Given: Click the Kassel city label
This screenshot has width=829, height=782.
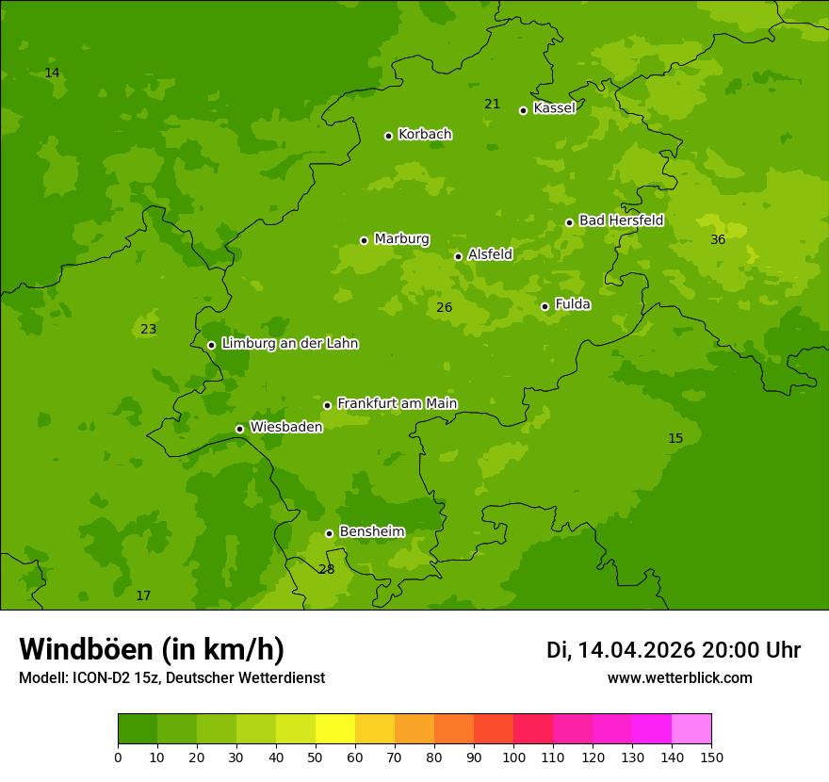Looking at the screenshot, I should (554, 108).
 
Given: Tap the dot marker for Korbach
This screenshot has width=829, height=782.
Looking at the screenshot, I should (388, 136).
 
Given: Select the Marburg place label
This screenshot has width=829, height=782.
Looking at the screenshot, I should (401, 239).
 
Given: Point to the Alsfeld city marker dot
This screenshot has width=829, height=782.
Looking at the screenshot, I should (458, 256).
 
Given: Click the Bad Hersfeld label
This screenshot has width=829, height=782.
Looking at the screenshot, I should (621, 220).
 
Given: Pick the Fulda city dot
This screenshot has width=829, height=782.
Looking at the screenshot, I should (545, 306).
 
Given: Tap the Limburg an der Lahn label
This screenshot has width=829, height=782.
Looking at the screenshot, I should (289, 344).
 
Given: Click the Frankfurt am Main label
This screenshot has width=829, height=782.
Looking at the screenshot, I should (397, 403).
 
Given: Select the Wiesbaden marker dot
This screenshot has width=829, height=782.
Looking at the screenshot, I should (239, 429).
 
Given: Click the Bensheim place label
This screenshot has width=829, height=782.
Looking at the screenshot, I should (371, 531).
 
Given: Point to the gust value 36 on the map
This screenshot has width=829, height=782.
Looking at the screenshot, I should (718, 239).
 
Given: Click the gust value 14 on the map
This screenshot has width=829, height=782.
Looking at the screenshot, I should (52, 73).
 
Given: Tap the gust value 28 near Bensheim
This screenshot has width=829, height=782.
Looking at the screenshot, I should (326, 569).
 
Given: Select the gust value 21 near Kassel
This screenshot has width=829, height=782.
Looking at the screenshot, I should (492, 104).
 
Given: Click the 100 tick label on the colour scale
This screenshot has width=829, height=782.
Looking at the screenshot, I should (513, 757).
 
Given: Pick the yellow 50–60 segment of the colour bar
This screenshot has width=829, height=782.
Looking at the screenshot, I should (335, 729).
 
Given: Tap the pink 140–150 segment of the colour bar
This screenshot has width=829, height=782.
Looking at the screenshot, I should (691, 729).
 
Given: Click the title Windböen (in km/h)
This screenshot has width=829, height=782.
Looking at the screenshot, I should (152, 649).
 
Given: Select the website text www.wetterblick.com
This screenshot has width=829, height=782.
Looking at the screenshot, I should (679, 677).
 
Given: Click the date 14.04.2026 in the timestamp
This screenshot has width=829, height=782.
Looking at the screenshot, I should (636, 650).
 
